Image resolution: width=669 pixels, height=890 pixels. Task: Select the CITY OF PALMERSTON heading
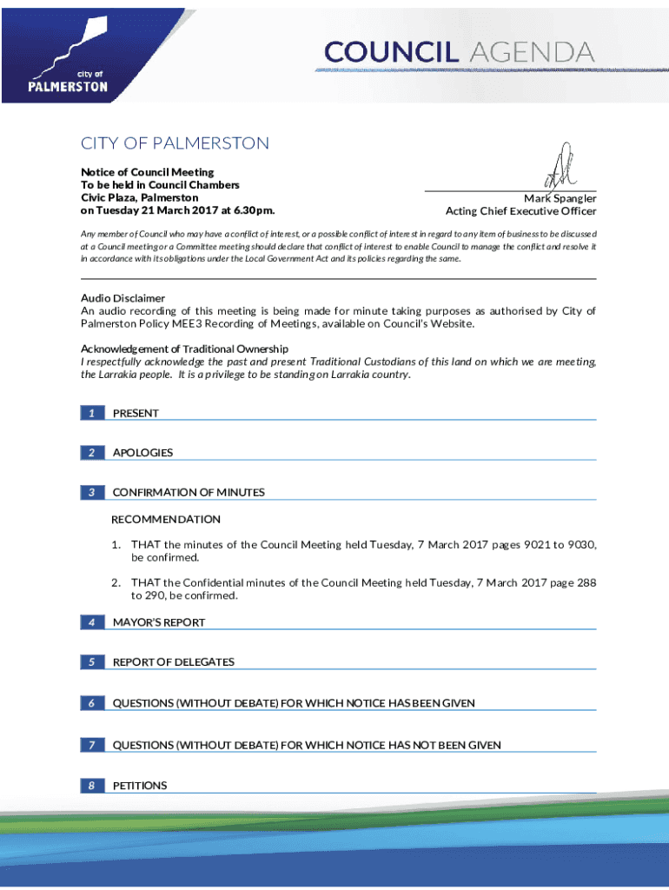pyautogui.click(x=175, y=143)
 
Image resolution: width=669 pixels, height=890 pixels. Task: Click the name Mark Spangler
pyautogui.click(x=560, y=198)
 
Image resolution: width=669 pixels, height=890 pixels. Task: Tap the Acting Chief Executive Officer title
pyautogui.click(x=520, y=211)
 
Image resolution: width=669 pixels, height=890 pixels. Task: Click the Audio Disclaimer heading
pyautogui.click(x=123, y=298)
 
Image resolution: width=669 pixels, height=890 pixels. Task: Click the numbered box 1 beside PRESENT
pyautogui.click(x=91, y=413)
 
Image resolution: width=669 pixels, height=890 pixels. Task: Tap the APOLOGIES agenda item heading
pyautogui.click(x=142, y=453)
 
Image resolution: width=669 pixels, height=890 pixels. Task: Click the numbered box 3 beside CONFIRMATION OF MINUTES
pyautogui.click(x=91, y=493)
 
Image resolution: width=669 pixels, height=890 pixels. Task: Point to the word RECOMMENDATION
pyautogui.click(x=166, y=519)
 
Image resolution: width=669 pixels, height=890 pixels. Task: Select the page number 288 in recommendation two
pyautogui.click(x=586, y=583)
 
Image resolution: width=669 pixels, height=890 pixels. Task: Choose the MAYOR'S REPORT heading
pyautogui.click(x=159, y=622)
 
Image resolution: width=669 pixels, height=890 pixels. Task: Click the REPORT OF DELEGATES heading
pyautogui.click(x=174, y=662)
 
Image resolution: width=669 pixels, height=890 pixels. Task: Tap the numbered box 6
pyautogui.click(x=91, y=702)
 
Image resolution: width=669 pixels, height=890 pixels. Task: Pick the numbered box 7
pyautogui.click(x=91, y=745)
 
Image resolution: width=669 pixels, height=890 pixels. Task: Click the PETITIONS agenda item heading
pyautogui.click(x=140, y=786)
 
